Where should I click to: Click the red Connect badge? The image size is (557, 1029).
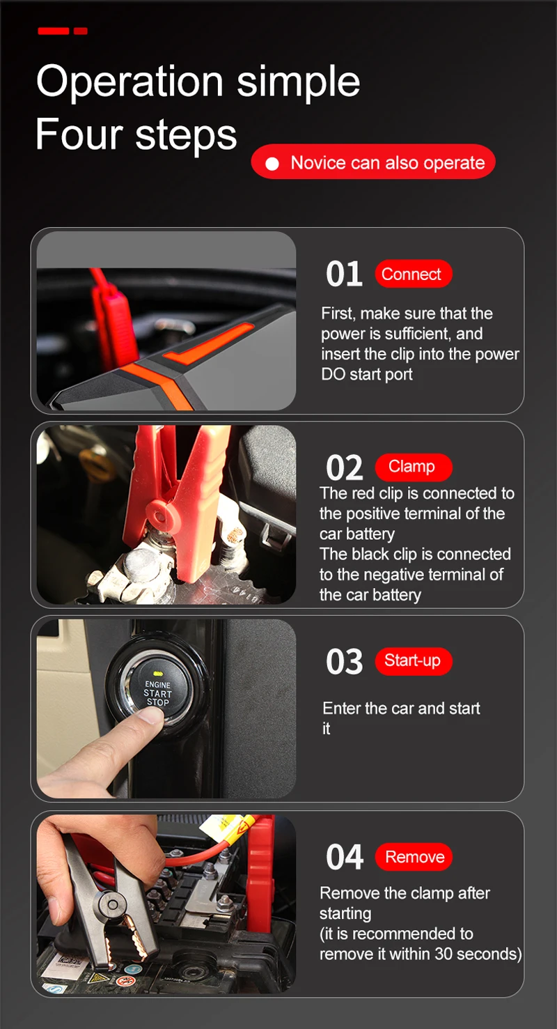(x=413, y=274)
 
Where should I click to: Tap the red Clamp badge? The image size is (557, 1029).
(x=413, y=467)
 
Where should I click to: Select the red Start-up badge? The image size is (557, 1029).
(x=413, y=660)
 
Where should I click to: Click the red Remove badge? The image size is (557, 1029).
(x=414, y=857)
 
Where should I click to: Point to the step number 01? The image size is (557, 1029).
(x=344, y=274)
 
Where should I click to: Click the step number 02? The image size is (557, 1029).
(x=344, y=468)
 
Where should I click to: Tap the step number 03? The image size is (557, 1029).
(x=344, y=662)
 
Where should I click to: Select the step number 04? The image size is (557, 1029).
(x=345, y=858)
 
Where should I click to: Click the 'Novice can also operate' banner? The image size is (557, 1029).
(x=373, y=162)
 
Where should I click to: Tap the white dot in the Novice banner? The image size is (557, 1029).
(x=273, y=164)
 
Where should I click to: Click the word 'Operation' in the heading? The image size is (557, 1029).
(x=130, y=82)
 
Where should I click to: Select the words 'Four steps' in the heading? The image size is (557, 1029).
(x=136, y=134)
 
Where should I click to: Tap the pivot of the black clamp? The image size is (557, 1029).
(x=110, y=905)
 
